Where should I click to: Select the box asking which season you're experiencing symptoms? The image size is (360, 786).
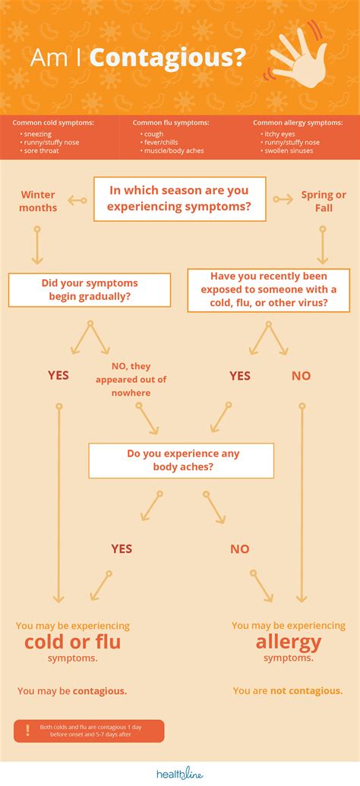180,199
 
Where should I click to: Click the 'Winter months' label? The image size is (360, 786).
38,201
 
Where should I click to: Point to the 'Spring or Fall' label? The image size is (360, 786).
324,201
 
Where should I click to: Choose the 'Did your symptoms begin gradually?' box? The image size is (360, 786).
90,290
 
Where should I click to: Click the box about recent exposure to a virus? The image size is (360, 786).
269,290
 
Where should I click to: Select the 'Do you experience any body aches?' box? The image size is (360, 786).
182,461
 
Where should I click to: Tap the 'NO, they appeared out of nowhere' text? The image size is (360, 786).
131,380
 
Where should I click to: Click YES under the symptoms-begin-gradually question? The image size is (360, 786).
58,375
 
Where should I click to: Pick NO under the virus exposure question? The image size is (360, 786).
301,375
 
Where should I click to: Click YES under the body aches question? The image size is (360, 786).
122,548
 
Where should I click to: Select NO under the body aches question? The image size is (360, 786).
240,548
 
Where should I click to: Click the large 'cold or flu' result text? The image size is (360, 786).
73,642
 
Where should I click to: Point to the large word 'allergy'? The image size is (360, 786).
289,642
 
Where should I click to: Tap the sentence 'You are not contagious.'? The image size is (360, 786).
288,691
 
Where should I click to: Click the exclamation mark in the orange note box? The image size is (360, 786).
27,731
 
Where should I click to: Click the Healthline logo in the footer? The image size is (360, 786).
180,774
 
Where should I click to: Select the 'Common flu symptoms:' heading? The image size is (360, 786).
171,122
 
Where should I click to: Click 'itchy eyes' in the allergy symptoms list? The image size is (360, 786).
273,134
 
